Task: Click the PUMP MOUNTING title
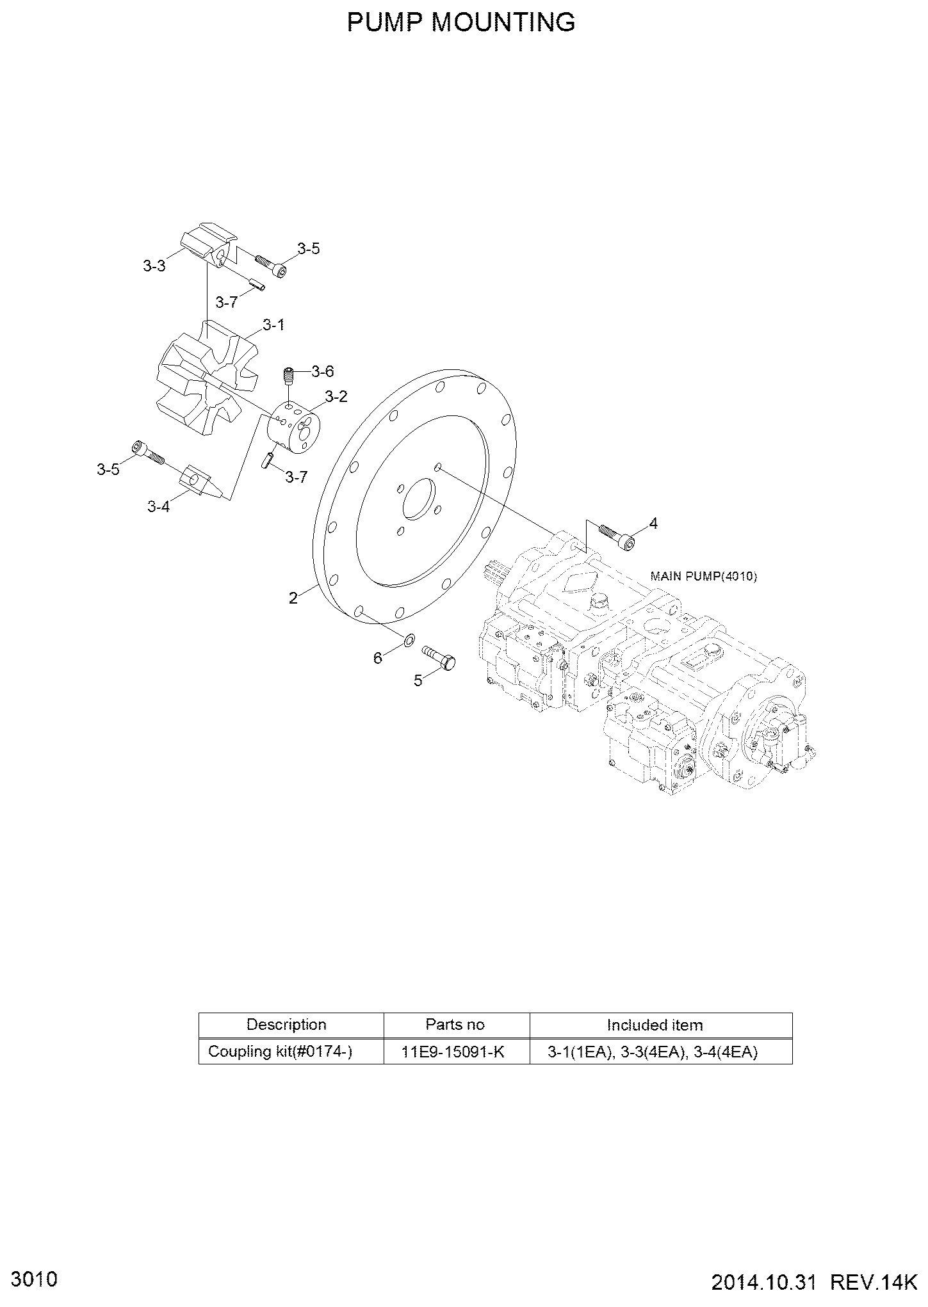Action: (x=461, y=22)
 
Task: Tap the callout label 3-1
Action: (x=273, y=325)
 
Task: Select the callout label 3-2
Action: (x=336, y=397)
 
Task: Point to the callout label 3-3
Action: (x=154, y=266)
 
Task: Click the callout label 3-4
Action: (x=158, y=507)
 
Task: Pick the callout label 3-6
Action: (x=323, y=371)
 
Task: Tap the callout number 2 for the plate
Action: (x=293, y=598)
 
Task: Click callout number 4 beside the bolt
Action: (x=653, y=524)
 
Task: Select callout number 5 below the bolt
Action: (x=418, y=680)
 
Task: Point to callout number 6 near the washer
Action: (x=378, y=657)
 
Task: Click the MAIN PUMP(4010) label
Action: (x=704, y=576)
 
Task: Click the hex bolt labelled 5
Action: (x=439, y=657)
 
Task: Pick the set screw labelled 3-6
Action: (x=289, y=376)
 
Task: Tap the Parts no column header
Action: (x=456, y=1025)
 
